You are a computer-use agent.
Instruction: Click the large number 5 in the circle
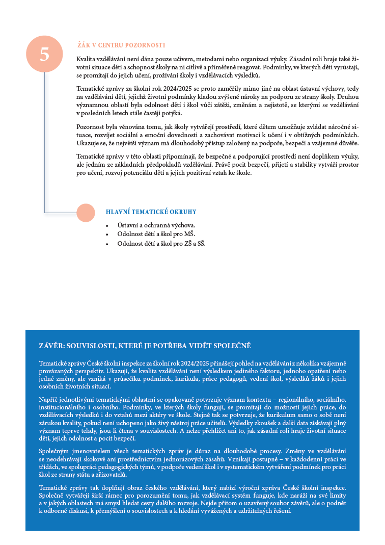tap(44, 54)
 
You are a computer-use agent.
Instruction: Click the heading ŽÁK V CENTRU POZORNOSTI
tap(121, 45)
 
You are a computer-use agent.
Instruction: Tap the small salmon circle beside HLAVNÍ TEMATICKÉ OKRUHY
tap(85, 213)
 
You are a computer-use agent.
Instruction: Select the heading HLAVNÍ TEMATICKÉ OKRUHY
tap(151, 212)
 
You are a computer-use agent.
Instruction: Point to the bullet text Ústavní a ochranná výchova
tap(156, 225)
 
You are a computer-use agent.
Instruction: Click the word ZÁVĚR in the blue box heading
tap(53, 346)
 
